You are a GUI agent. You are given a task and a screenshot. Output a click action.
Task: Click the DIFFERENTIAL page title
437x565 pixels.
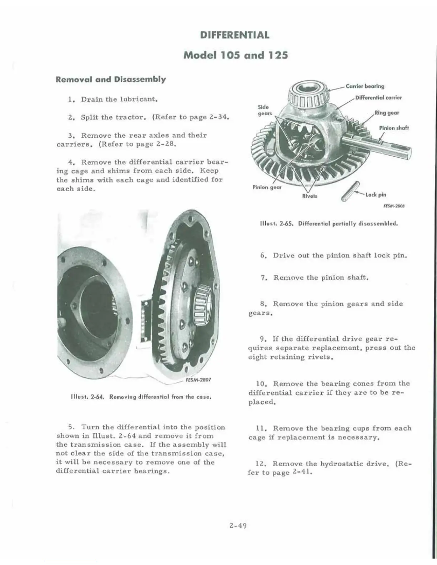click(235, 35)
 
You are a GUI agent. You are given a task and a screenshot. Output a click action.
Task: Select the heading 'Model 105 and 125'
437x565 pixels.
click(235, 55)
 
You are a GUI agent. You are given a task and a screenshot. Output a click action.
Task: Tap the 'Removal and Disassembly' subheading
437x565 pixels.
click(111, 79)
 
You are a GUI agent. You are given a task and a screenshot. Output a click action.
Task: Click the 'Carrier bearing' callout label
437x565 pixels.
click(365, 86)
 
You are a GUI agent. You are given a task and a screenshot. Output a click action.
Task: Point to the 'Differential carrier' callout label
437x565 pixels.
click(378, 97)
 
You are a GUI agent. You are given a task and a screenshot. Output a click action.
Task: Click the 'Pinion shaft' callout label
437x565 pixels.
click(394, 128)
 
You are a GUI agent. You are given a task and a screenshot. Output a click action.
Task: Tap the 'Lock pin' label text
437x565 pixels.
click(376, 194)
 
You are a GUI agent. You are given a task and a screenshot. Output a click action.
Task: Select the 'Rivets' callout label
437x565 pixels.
click(310, 196)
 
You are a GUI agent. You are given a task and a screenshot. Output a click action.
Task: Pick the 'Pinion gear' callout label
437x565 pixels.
click(267, 187)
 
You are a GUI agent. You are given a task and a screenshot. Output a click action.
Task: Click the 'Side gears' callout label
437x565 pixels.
click(265, 110)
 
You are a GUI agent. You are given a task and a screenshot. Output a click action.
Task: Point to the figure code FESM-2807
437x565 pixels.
click(199, 380)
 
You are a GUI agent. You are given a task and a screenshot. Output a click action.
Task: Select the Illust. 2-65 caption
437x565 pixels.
click(328, 224)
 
